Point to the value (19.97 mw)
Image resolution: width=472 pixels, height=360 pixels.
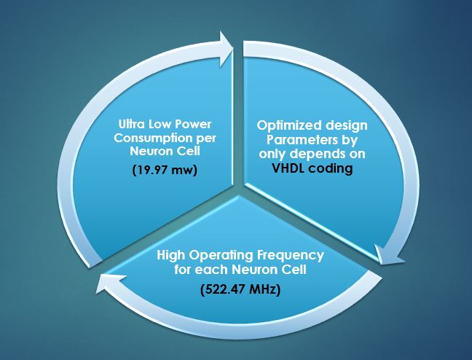click(x=165, y=171)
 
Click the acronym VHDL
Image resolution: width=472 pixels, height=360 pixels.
click(x=288, y=168)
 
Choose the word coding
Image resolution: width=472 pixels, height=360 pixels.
click(x=331, y=169)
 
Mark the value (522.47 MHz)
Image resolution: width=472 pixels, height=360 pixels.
click(x=240, y=290)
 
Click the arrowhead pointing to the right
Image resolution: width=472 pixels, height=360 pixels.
click(x=226, y=49)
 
